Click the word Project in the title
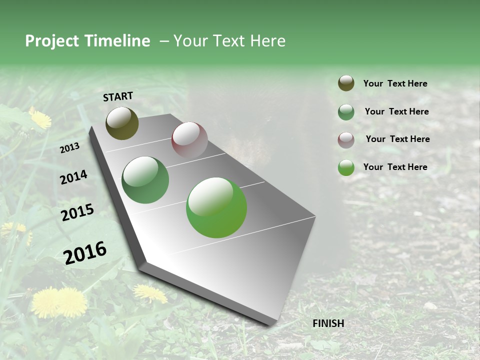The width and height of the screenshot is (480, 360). click(51, 41)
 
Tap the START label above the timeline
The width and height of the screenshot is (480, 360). click(118, 96)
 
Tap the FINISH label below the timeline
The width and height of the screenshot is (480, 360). click(328, 323)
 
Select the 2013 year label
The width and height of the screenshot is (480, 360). click(69, 148)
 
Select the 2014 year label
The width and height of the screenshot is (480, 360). click(73, 177)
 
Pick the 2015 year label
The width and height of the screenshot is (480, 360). click(77, 212)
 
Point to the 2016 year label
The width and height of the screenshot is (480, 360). click(85, 253)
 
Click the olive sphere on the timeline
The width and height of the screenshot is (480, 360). click(122, 123)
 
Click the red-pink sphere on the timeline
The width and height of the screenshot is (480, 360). click(189, 140)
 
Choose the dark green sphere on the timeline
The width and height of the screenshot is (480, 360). click(145, 180)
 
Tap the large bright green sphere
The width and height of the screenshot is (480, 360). click(216, 207)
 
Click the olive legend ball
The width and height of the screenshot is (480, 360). click(346, 83)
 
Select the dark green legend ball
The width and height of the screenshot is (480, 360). click(346, 112)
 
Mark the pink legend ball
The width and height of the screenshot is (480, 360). click(346, 139)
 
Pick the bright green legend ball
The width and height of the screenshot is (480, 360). click(346, 167)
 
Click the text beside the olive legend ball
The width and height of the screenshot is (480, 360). click(395, 84)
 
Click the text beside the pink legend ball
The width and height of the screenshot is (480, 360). click(397, 139)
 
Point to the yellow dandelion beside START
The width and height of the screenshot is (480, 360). click(40, 118)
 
